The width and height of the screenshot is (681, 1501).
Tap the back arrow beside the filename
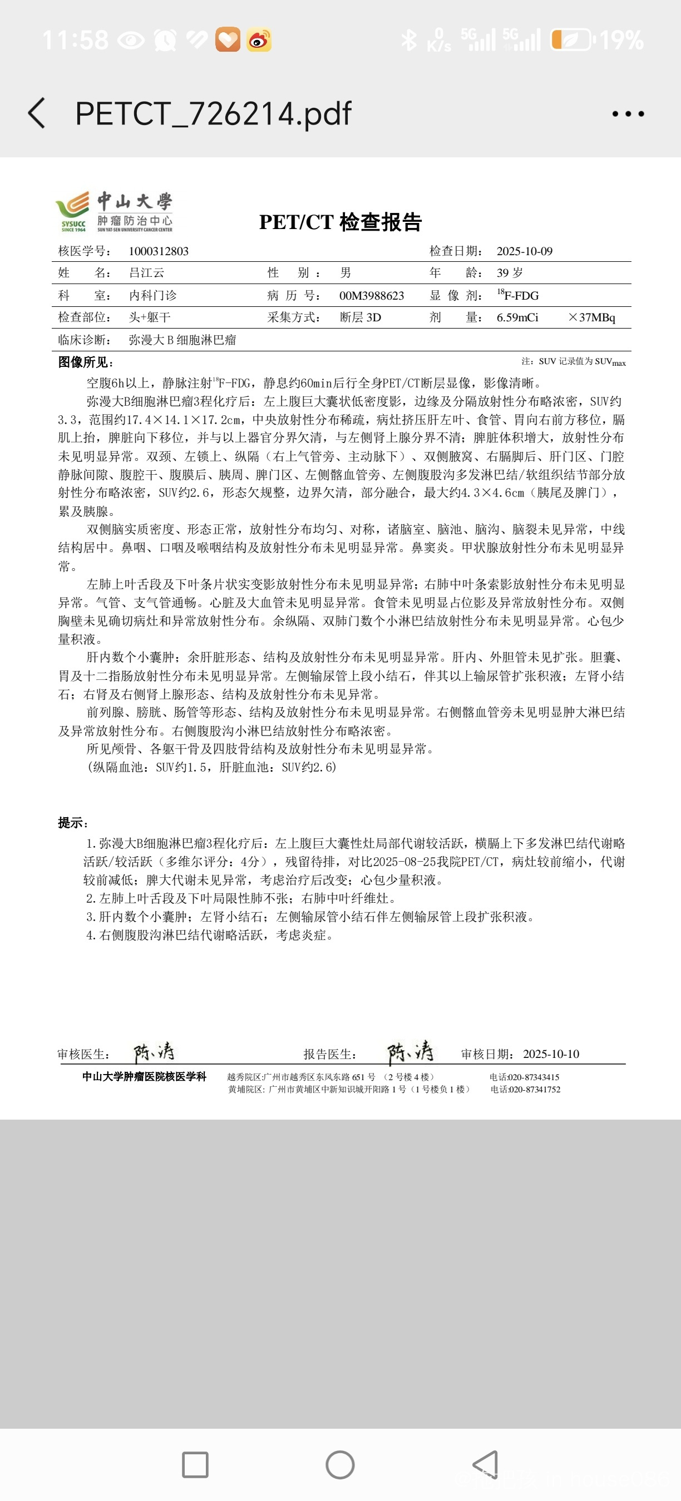click(37, 113)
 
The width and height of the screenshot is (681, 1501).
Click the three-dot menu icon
click(628, 113)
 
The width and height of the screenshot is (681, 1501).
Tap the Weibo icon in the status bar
click(259, 40)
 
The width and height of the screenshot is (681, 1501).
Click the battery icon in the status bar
click(572, 40)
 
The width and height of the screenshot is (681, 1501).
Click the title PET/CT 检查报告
click(340, 222)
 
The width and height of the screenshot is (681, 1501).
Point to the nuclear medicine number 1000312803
click(159, 251)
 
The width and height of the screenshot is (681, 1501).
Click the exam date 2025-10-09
click(524, 251)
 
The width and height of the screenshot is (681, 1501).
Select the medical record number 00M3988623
click(372, 295)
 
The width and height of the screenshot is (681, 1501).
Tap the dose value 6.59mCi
click(517, 317)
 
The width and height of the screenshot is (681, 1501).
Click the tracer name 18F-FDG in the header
click(518, 295)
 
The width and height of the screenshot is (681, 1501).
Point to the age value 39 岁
click(510, 273)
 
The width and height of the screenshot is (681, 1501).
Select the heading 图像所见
click(85, 362)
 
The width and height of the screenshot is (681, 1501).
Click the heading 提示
click(73, 823)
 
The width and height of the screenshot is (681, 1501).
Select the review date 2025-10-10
click(551, 1054)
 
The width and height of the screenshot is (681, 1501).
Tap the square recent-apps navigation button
click(195, 1465)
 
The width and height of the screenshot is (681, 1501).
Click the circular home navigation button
click(340, 1465)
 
